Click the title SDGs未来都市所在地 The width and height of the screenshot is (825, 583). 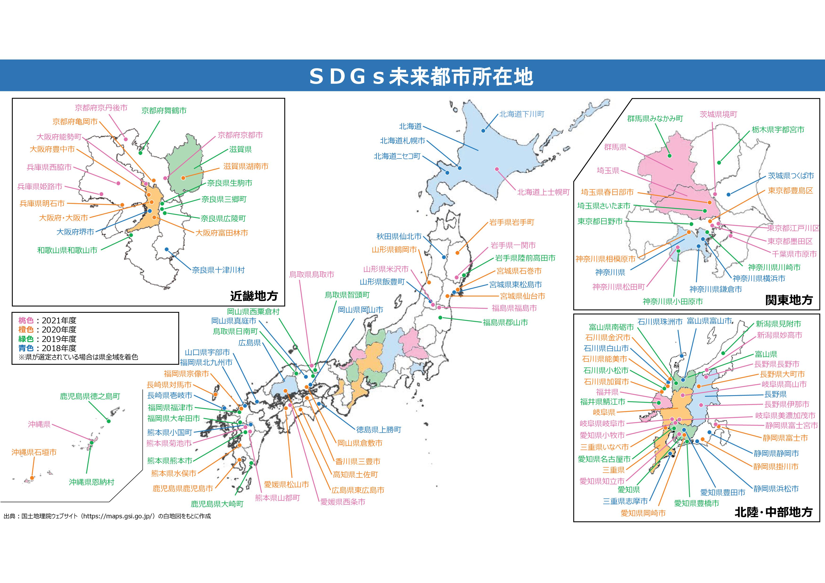tap(421, 76)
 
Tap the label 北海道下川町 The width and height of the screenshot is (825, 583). tap(522, 114)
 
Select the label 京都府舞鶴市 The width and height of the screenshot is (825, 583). tap(164, 111)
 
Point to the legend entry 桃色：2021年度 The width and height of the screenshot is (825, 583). tap(47, 320)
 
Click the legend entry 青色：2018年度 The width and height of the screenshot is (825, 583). tap(47, 348)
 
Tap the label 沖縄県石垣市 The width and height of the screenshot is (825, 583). tap(34, 452)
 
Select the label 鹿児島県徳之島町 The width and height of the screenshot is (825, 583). tap(90, 396)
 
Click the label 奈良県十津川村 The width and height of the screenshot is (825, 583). tap(218, 270)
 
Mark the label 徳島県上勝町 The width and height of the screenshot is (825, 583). tap(379, 429)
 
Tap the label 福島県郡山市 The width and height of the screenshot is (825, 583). tap(505, 322)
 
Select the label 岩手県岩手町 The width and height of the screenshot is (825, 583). tap(512, 222)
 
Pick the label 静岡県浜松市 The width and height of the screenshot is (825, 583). tap(776, 489)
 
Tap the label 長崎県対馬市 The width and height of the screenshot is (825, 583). tap(169, 385)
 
